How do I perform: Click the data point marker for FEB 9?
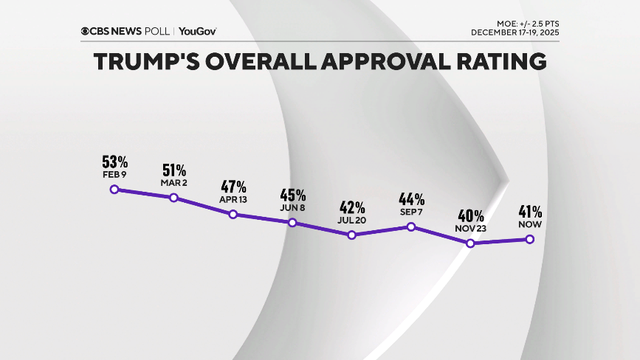point(114,189)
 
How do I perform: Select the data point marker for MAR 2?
point(173,198)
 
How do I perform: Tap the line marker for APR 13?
point(233,215)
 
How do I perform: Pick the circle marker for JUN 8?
point(292,223)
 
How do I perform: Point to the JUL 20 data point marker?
point(352,235)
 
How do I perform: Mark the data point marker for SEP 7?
point(411,226)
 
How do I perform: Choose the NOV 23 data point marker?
point(470,243)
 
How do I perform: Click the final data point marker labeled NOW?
point(529,239)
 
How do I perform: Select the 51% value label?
point(175,170)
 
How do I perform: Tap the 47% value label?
point(234,187)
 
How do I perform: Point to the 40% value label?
point(471,216)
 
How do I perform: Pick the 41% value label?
point(530,212)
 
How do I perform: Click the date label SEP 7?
point(412,212)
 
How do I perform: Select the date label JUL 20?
point(352,221)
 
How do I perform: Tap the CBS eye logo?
point(86,31)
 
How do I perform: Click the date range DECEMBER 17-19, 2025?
point(515,33)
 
